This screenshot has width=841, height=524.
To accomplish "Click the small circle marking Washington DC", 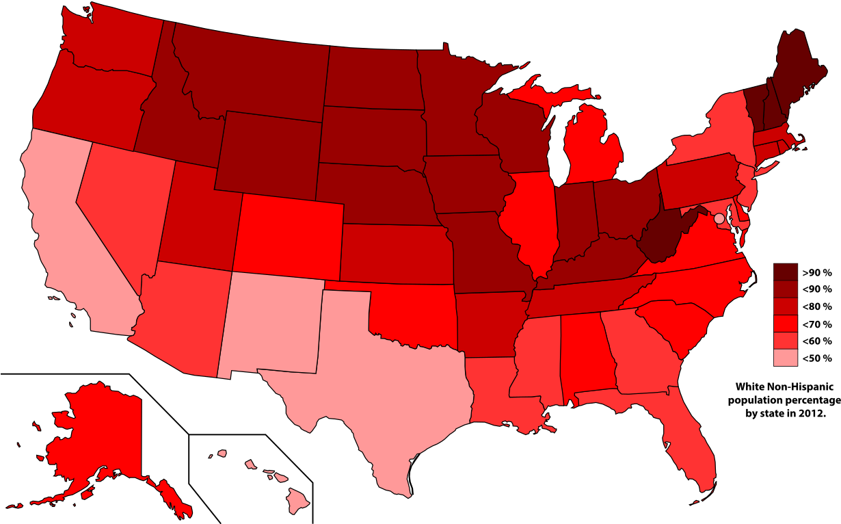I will [719, 218].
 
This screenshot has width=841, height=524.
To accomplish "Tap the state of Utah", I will [198, 219].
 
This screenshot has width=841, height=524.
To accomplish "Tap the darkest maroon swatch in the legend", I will [785, 272].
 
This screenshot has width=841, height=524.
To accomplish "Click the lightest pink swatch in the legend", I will [785, 357].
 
